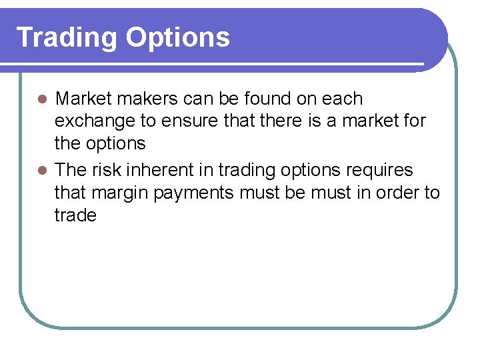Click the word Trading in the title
coord(67,38)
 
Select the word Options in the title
coord(177,38)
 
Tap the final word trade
coord(75,216)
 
